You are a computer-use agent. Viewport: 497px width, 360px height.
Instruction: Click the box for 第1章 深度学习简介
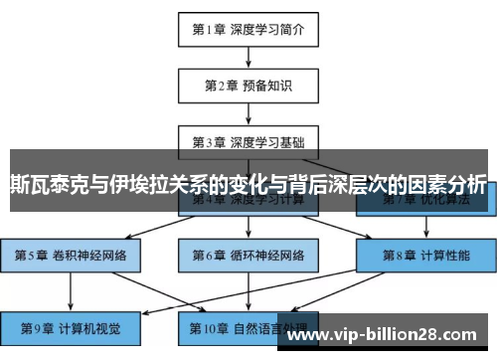pos(248,29)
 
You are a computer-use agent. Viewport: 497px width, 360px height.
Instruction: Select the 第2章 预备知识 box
pos(248,85)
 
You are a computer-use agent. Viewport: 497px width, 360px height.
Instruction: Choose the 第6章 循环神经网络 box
pos(248,255)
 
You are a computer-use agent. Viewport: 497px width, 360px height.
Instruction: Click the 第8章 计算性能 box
pos(423,255)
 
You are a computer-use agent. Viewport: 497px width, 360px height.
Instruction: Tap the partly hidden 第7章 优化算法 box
pos(423,205)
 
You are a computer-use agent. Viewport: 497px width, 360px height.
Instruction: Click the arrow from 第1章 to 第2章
pos(248,57)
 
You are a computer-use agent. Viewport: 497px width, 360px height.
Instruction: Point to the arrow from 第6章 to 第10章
pos(248,291)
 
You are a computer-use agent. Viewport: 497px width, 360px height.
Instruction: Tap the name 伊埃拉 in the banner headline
pos(135,185)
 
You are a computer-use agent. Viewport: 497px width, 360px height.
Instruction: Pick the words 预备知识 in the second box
pos(265,85)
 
